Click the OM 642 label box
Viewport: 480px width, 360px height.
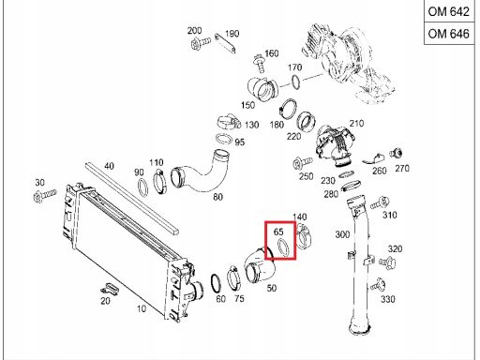pyautogui.click(x=449, y=13)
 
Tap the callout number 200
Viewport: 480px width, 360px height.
pyautogui.click(x=194, y=31)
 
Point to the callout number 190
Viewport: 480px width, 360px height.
pyautogui.click(x=232, y=34)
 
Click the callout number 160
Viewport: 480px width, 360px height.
pyautogui.click(x=271, y=53)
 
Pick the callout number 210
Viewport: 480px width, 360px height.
pyautogui.click(x=356, y=124)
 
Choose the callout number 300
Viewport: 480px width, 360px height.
pyautogui.click(x=342, y=234)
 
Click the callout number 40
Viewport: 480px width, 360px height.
pyautogui.click(x=109, y=167)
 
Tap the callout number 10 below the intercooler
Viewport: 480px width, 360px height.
pyautogui.click(x=141, y=307)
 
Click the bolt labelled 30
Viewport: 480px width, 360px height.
pyautogui.click(x=42, y=197)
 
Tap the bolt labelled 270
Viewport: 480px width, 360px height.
pyautogui.click(x=397, y=151)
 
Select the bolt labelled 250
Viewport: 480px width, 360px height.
pyautogui.click(x=296, y=162)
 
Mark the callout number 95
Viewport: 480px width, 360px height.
pyautogui.click(x=240, y=142)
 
